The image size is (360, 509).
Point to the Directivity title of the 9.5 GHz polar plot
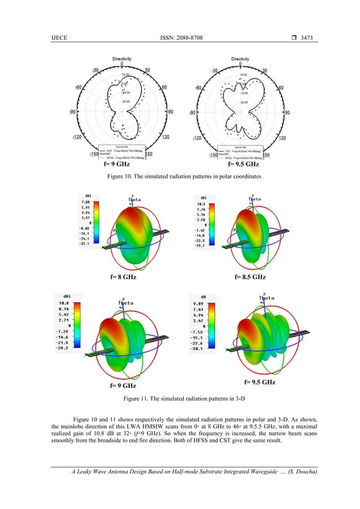point(240,58)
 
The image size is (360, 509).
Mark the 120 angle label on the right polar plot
point(282,138)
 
